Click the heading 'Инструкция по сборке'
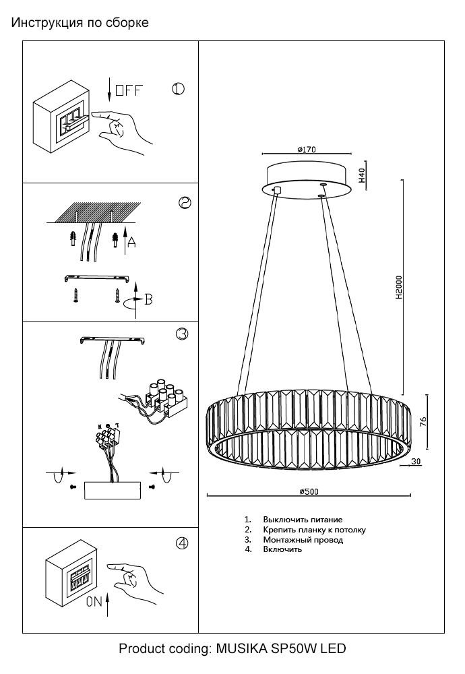pos(80,23)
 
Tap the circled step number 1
pos(179,90)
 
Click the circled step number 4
pos(181,544)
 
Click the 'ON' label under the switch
pos(94,604)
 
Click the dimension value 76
pos(424,423)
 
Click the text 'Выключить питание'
pos(303,520)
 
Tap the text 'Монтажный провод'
pos(303,540)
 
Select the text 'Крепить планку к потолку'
pos(314,530)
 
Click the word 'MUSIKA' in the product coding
pos(241,650)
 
